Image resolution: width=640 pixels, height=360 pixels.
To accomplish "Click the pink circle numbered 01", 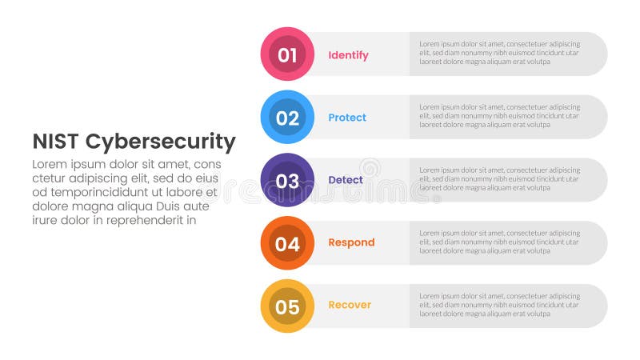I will (x=287, y=54).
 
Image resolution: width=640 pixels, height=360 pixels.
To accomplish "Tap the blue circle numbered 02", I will (x=287, y=118).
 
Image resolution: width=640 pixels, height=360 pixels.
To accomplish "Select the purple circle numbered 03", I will (x=287, y=180).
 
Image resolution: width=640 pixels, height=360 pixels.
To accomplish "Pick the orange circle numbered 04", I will (x=287, y=243).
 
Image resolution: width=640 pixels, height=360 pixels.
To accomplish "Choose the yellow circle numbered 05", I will (x=287, y=306).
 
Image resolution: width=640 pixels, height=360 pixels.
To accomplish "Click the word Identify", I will (x=348, y=55).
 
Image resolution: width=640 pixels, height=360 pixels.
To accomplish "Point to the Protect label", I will (x=347, y=118).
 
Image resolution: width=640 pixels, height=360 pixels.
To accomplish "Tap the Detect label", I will (x=346, y=180).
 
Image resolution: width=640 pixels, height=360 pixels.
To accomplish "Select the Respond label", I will (x=351, y=242).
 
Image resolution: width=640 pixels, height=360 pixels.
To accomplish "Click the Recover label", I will (x=350, y=305).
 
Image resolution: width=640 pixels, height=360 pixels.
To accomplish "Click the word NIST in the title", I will (x=55, y=142).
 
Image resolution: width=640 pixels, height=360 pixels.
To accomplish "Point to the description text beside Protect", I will (x=499, y=115).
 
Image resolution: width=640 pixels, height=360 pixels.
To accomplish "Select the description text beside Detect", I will (x=499, y=178).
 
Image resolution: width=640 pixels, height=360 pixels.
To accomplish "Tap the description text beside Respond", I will (x=499, y=241).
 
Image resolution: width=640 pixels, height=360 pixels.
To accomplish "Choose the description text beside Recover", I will (x=499, y=304).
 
